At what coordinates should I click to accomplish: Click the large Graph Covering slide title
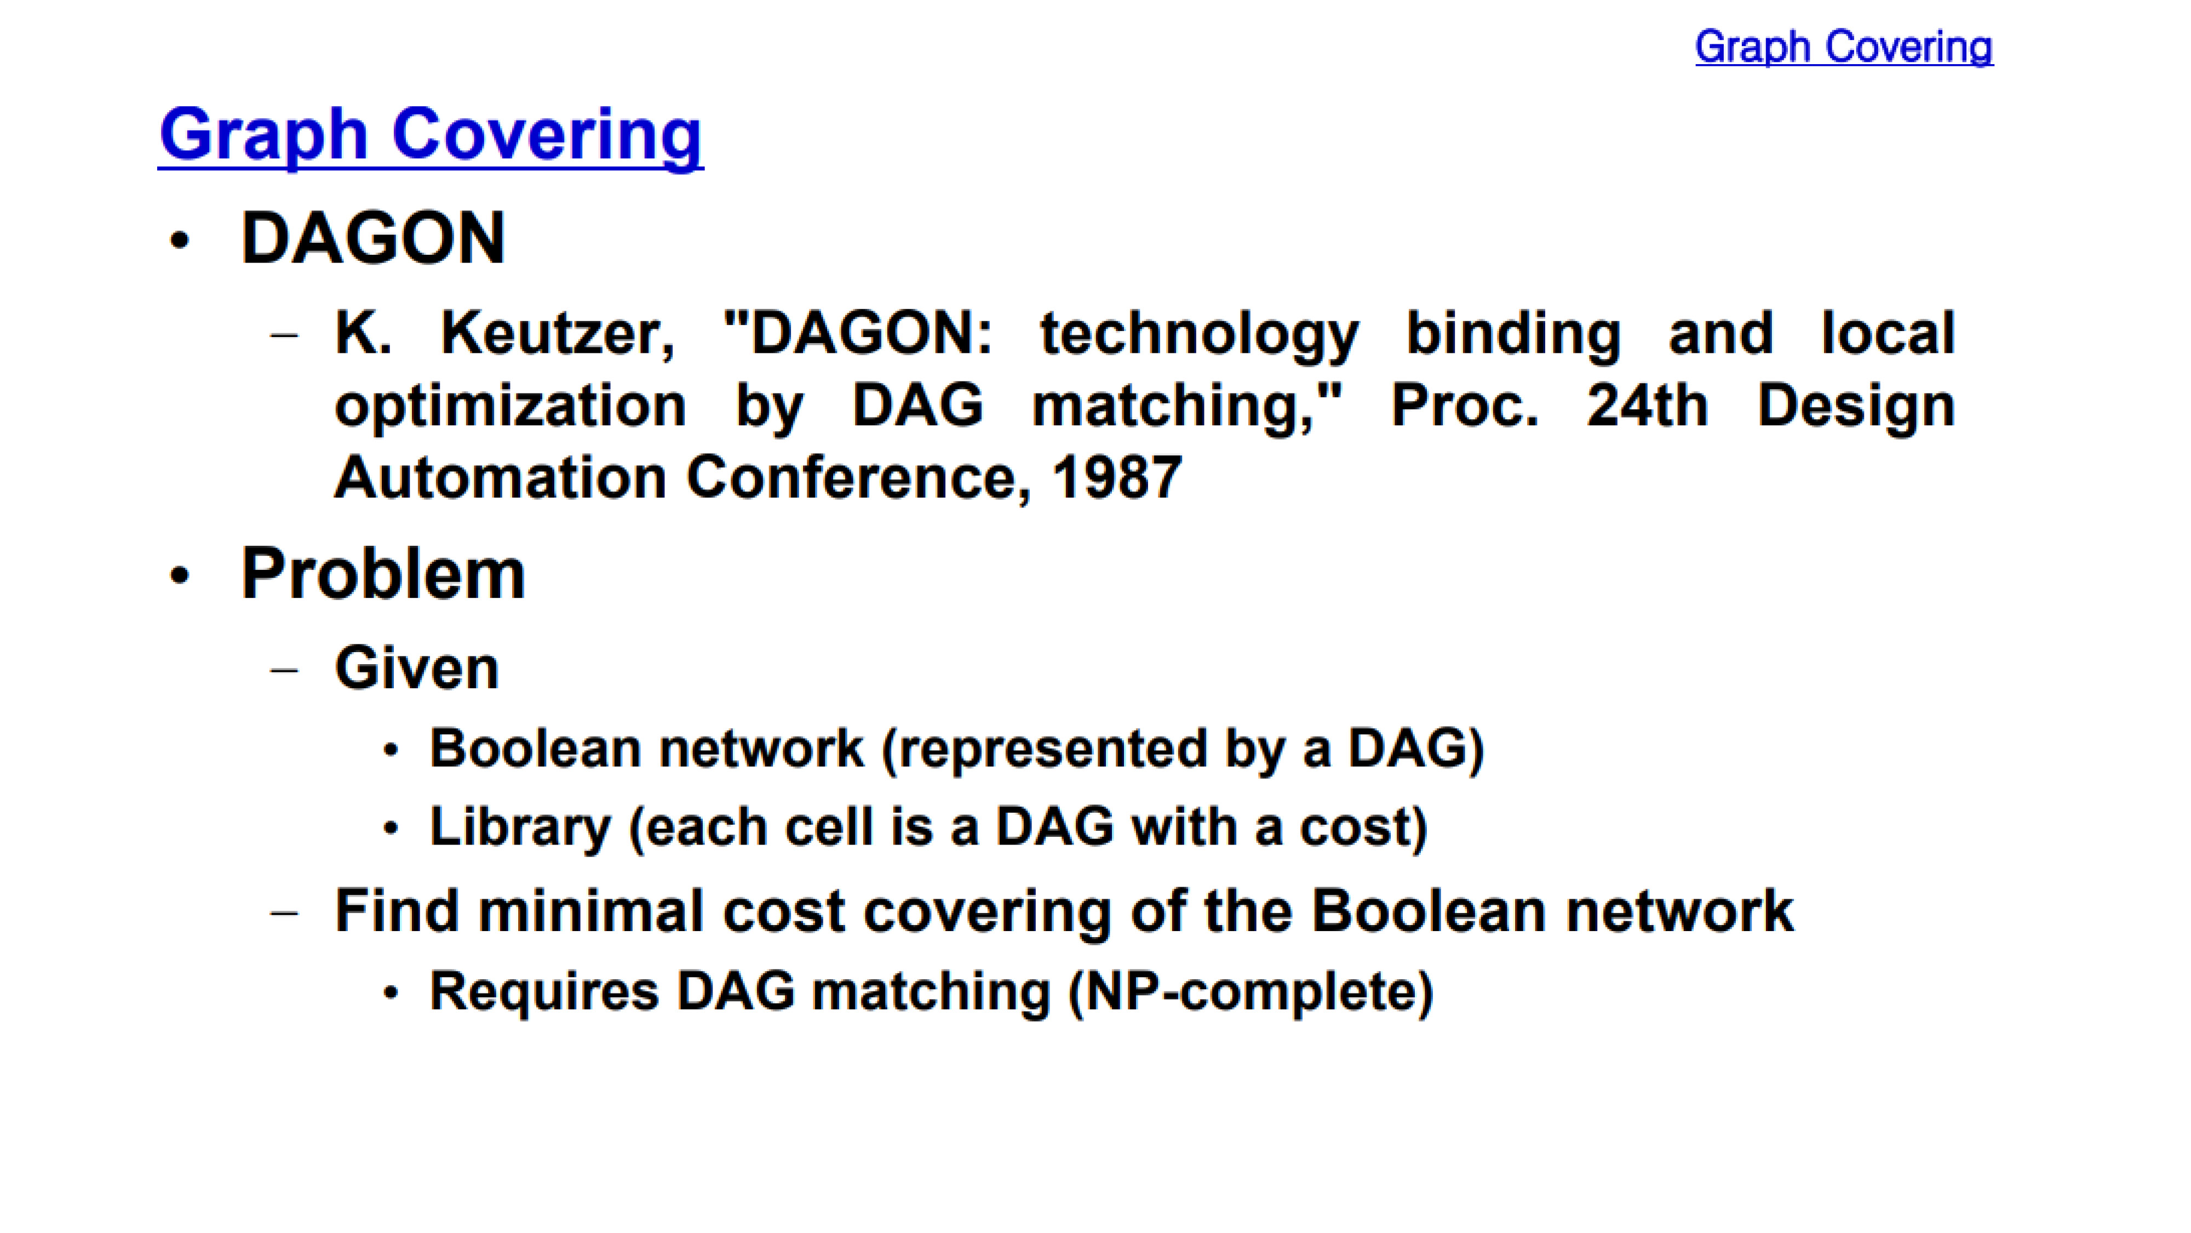[x=431, y=136]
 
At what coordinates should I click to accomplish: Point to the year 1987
[x=1117, y=477]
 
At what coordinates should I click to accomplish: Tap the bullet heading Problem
[x=383, y=574]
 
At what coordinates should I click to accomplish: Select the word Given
[x=417, y=668]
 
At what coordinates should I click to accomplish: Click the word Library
[x=520, y=827]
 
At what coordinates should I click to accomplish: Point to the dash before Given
[x=284, y=670]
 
